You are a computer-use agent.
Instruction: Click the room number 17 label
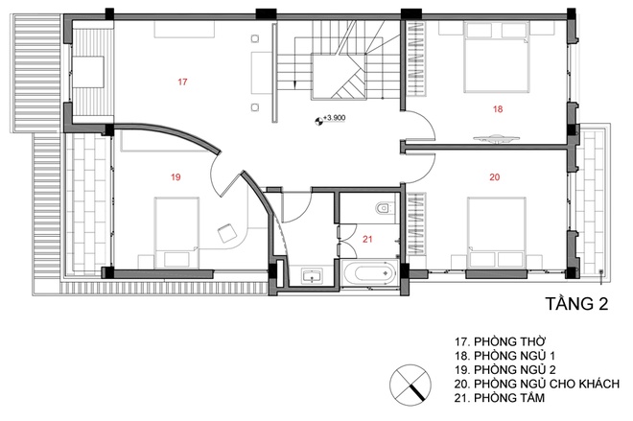(x=182, y=82)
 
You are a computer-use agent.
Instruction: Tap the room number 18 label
(x=498, y=109)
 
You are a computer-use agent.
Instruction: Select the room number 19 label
(x=176, y=176)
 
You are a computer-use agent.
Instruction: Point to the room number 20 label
(x=495, y=176)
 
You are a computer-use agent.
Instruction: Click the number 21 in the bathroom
(x=367, y=240)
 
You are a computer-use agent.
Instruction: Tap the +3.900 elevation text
(x=335, y=118)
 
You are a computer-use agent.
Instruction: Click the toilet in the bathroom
(x=384, y=208)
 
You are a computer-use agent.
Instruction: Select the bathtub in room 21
(x=371, y=273)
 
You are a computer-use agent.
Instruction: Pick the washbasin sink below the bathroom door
(x=312, y=276)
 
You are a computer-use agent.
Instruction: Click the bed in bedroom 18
(x=496, y=58)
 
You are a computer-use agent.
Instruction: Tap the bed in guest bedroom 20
(x=497, y=232)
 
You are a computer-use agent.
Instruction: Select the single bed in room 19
(x=176, y=232)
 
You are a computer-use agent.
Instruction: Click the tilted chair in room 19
(x=227, y=233)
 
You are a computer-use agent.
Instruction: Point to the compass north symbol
(x=410, y=386)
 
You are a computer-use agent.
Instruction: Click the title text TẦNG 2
(x=576, y=304)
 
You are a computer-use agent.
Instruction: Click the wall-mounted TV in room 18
(x=496, y=138)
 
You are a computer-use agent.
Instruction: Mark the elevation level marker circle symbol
(x=318, y=120)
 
